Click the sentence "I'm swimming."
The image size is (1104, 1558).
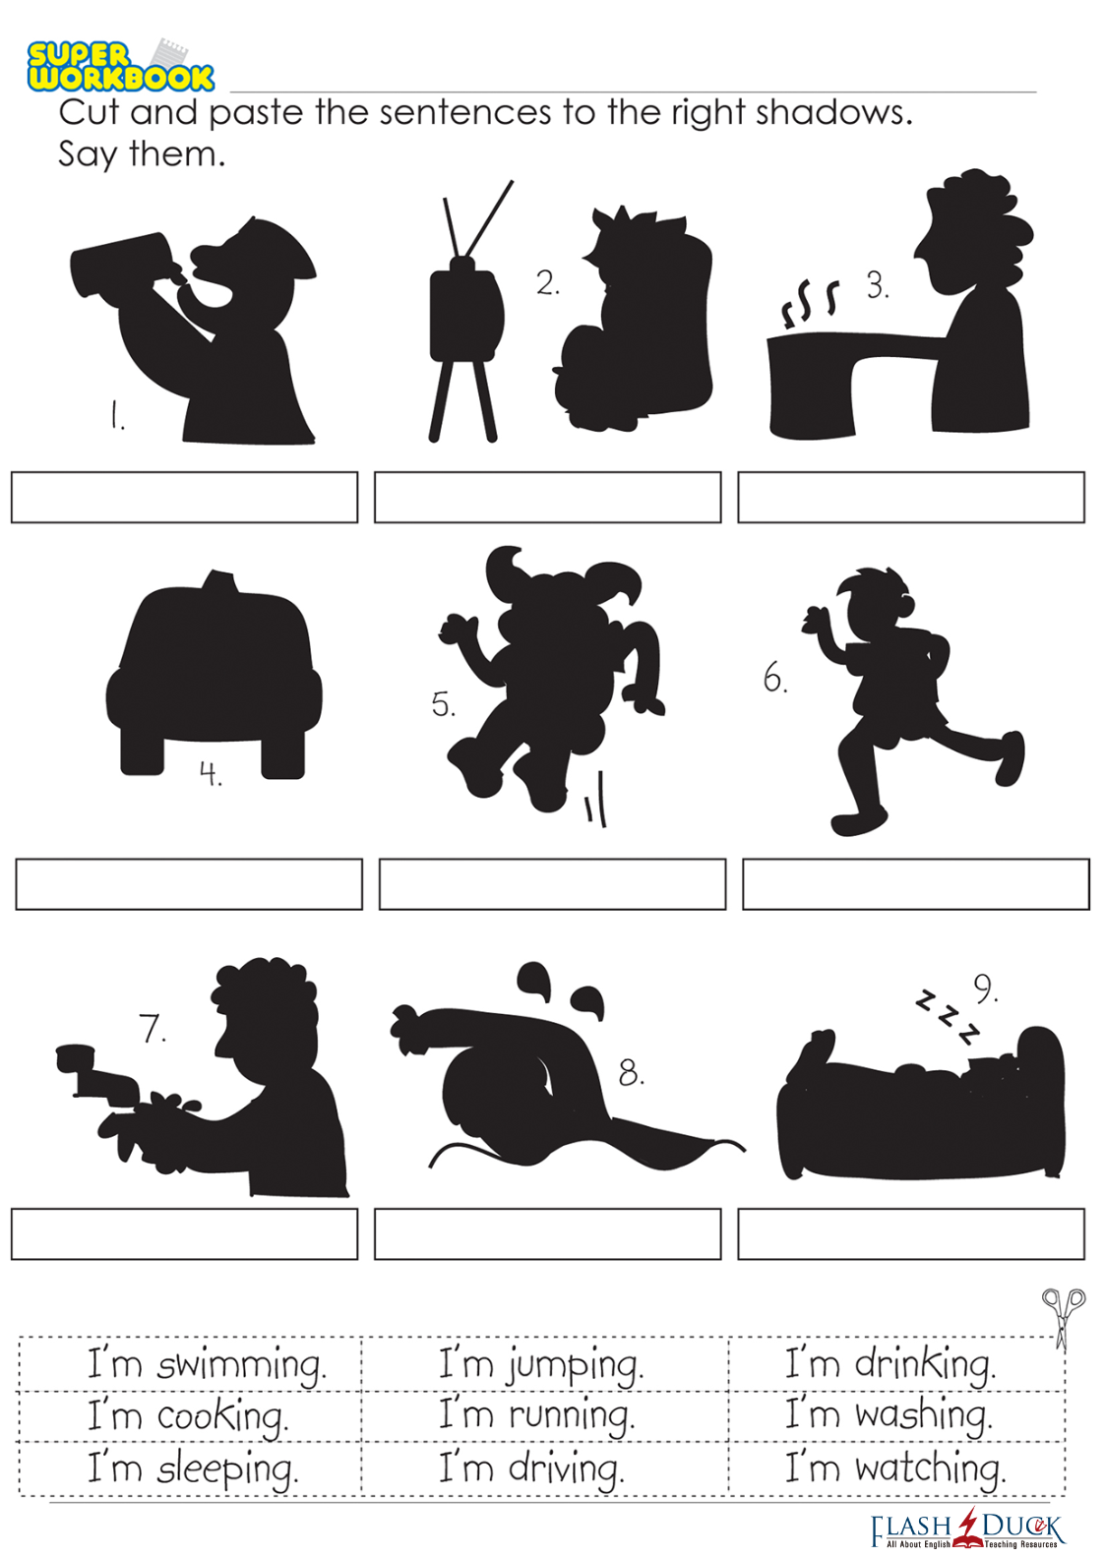tap(207, 1365)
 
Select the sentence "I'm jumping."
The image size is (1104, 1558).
tap(541, 1365)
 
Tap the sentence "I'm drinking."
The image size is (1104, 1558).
tap(890, 1364)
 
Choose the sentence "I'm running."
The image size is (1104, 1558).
tap(536, 1416)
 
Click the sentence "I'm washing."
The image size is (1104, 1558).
tap(889, 1415)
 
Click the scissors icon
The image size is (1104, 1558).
tap(1063, 1319)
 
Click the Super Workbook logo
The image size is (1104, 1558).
tap(120, 66)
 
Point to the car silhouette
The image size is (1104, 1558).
tap(214, 674)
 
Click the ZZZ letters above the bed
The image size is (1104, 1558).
tap(947, 1018)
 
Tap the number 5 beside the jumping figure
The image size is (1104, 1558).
tap(443, 704)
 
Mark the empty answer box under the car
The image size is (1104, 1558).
tap(189, 884)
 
